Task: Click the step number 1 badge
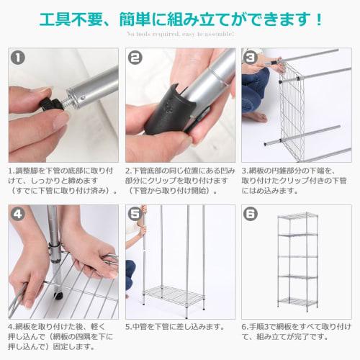(18, 58)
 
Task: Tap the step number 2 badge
(135, 58)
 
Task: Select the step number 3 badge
(251, 58)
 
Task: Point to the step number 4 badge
(18, 214)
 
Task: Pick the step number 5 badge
(135, 214)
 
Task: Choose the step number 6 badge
(251, 214)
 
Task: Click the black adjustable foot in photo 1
(52, 104)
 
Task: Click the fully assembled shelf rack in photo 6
(297, 262)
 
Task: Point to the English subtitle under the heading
(181, 34)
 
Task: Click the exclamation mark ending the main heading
(319, 19)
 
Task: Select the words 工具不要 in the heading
(71, 19)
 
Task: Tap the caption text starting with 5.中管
(175, 327)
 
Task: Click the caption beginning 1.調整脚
(63, 181)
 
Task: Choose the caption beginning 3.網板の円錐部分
(294, 181)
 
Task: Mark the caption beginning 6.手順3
(297, 332)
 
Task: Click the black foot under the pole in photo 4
(58, 296)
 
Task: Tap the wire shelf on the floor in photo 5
(175, 295)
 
